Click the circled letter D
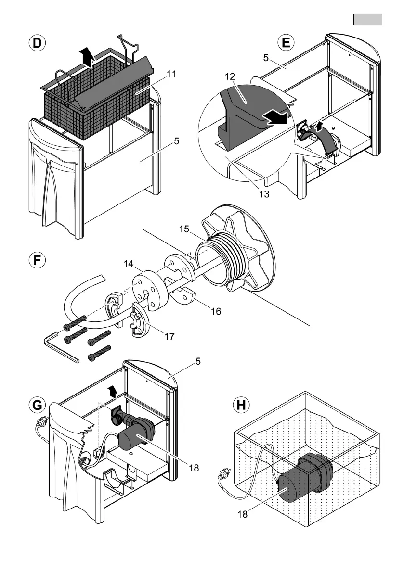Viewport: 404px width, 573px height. tap(36, 43)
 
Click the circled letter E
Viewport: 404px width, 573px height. tap(286, 43)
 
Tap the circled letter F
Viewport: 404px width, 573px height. tap(36, 261)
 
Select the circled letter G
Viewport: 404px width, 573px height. tap(36, 405)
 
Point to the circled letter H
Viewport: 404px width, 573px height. tap(241, 405)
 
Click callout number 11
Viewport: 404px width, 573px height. tap(172, 75)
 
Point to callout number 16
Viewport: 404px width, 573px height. tap(216, 311)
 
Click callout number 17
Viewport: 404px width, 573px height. tap(169, 336)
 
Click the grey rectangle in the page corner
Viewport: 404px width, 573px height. tap(368, 20)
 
